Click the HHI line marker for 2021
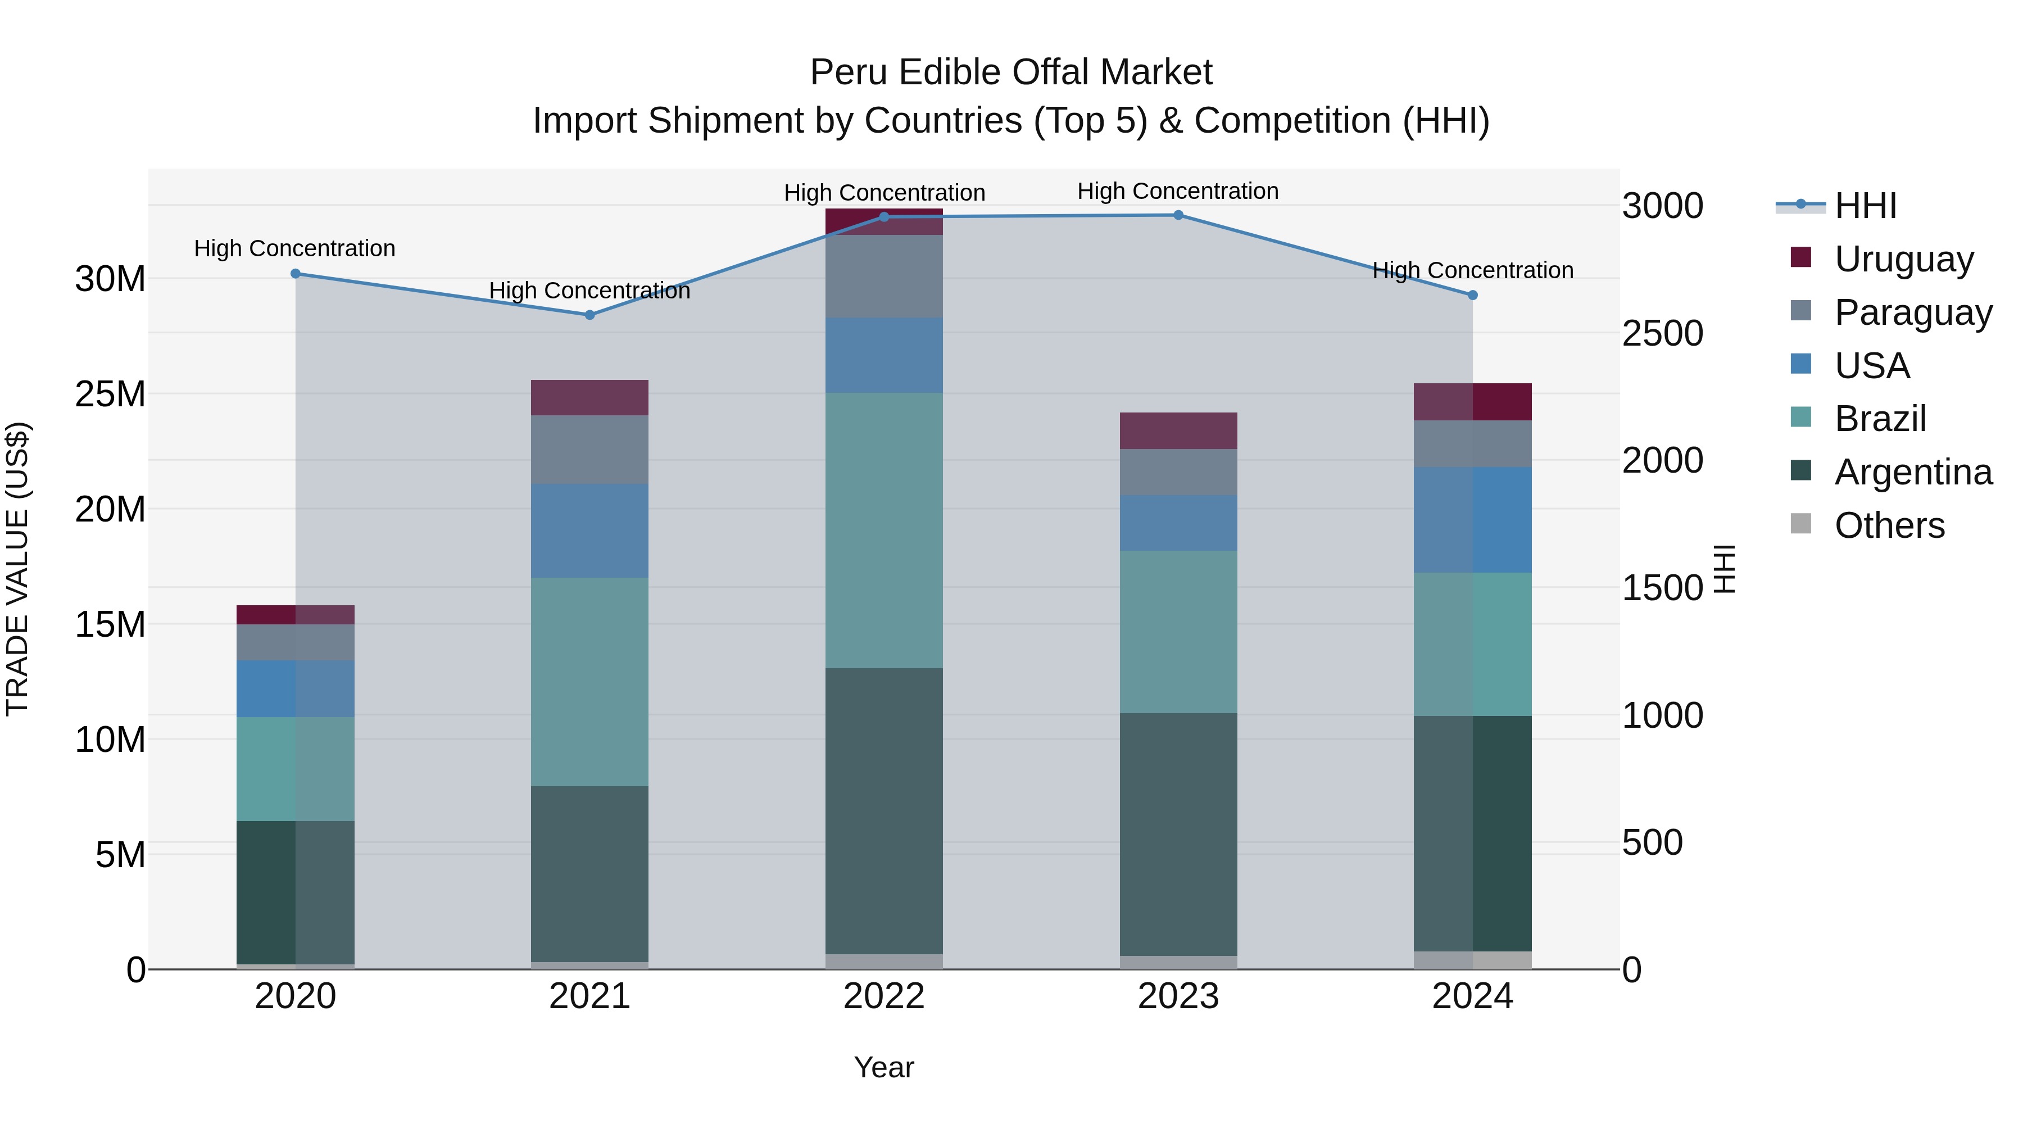click(x=590, y=315)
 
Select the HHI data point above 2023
click(x=1178, y=215)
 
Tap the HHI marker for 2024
click(x=1472, y=295)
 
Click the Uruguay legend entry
click(x=1904, y=259)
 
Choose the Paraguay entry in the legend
click(x=1913, y=312)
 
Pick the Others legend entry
click(x=1889, y=525)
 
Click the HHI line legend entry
click(x=1865, y=206)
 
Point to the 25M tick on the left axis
click(x=110, y=395)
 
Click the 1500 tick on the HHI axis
click(x=1663, y=588)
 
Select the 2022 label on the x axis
click(x=883, y=996)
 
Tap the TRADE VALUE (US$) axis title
click(x=17, y=569)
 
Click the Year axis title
click(x=883, y=1067)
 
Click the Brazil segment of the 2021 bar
click(x=590, y=682)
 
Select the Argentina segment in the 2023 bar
click(x=1178, y=834)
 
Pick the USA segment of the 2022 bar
click(x=883, y=355)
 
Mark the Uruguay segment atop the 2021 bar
click(x=590, y=397)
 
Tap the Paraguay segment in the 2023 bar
click(x=1178, y=472)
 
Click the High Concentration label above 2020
click(x=294, y=248)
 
